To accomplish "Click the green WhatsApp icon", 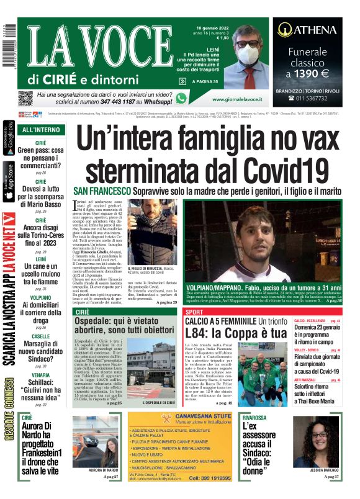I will point(181,98).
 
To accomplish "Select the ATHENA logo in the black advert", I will point(307,29).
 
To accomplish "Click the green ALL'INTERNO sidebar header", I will point(41,130).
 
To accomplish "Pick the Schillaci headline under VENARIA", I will point(41,385).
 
